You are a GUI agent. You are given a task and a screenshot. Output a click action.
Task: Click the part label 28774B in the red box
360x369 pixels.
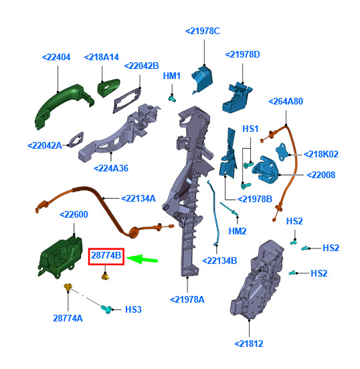pos(106,256)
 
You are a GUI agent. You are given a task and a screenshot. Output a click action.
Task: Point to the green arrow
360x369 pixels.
pos(142,259)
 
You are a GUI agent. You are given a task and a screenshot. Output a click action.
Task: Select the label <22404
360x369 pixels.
pos(56,58)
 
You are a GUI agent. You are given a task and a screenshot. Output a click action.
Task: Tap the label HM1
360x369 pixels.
pos(172,76)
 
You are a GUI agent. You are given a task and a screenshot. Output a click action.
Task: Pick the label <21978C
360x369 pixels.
pos(203,31)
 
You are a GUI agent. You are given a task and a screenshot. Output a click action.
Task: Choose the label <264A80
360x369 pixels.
pos(286,101)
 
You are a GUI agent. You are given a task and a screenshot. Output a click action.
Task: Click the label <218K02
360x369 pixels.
pos(321,155)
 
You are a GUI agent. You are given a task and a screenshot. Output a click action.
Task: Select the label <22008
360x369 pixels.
pos(321,175)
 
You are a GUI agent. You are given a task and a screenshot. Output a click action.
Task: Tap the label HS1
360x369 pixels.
pos(250,129)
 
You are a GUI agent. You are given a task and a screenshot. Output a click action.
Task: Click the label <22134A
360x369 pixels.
pos(139,199)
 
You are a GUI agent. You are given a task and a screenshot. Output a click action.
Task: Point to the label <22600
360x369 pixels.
pos(74,214)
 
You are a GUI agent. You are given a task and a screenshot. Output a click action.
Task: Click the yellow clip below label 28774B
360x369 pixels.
pos(105,276)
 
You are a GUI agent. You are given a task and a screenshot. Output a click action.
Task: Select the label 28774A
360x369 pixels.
pos(68,318)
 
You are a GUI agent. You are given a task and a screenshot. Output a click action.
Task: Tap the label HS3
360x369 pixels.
pos(133,309)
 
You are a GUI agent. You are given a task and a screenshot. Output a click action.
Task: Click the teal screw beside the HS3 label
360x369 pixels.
pos(106,309)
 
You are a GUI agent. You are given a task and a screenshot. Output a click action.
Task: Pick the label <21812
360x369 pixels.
pos(249,344)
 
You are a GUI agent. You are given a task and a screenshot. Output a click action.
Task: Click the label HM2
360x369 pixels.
pos(238,231)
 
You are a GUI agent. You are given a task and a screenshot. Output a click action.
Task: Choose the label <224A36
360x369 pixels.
pos(111,169)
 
